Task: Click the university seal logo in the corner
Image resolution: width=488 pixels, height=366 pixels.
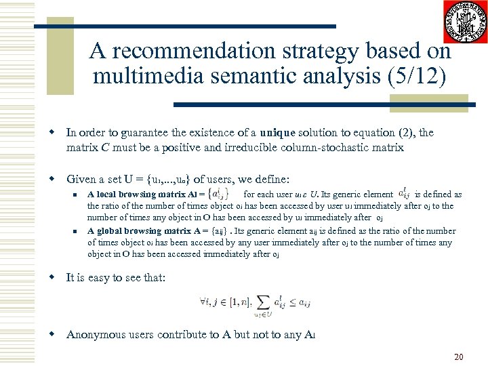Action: point(466,22)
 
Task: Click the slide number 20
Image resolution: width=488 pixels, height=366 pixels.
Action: point(458,357)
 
